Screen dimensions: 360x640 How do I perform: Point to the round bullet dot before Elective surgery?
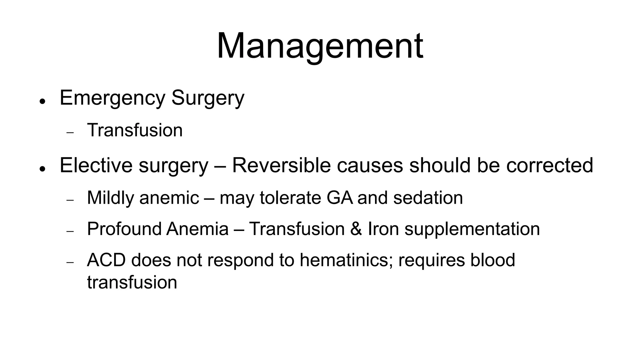[x=42, y=168]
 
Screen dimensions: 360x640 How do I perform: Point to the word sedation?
[x=428, y=198]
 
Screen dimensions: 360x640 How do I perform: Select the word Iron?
[x=383, y=229]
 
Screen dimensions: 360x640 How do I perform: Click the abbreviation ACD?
[x=106, y=260]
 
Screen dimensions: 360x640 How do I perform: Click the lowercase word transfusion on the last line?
[x=132, y=282]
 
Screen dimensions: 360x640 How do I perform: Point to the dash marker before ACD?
[x=70, y=262]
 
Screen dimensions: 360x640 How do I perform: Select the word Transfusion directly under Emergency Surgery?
[x=135, y=130]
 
